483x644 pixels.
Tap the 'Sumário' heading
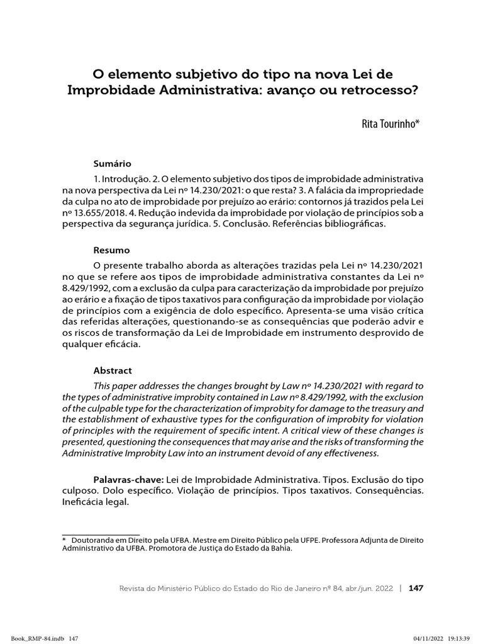coord(112,163)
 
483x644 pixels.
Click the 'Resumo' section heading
coord(111,250)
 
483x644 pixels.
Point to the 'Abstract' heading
coord(113,370)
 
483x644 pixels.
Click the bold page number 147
coord(416,588)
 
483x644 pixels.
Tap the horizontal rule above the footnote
coord(101,533)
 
